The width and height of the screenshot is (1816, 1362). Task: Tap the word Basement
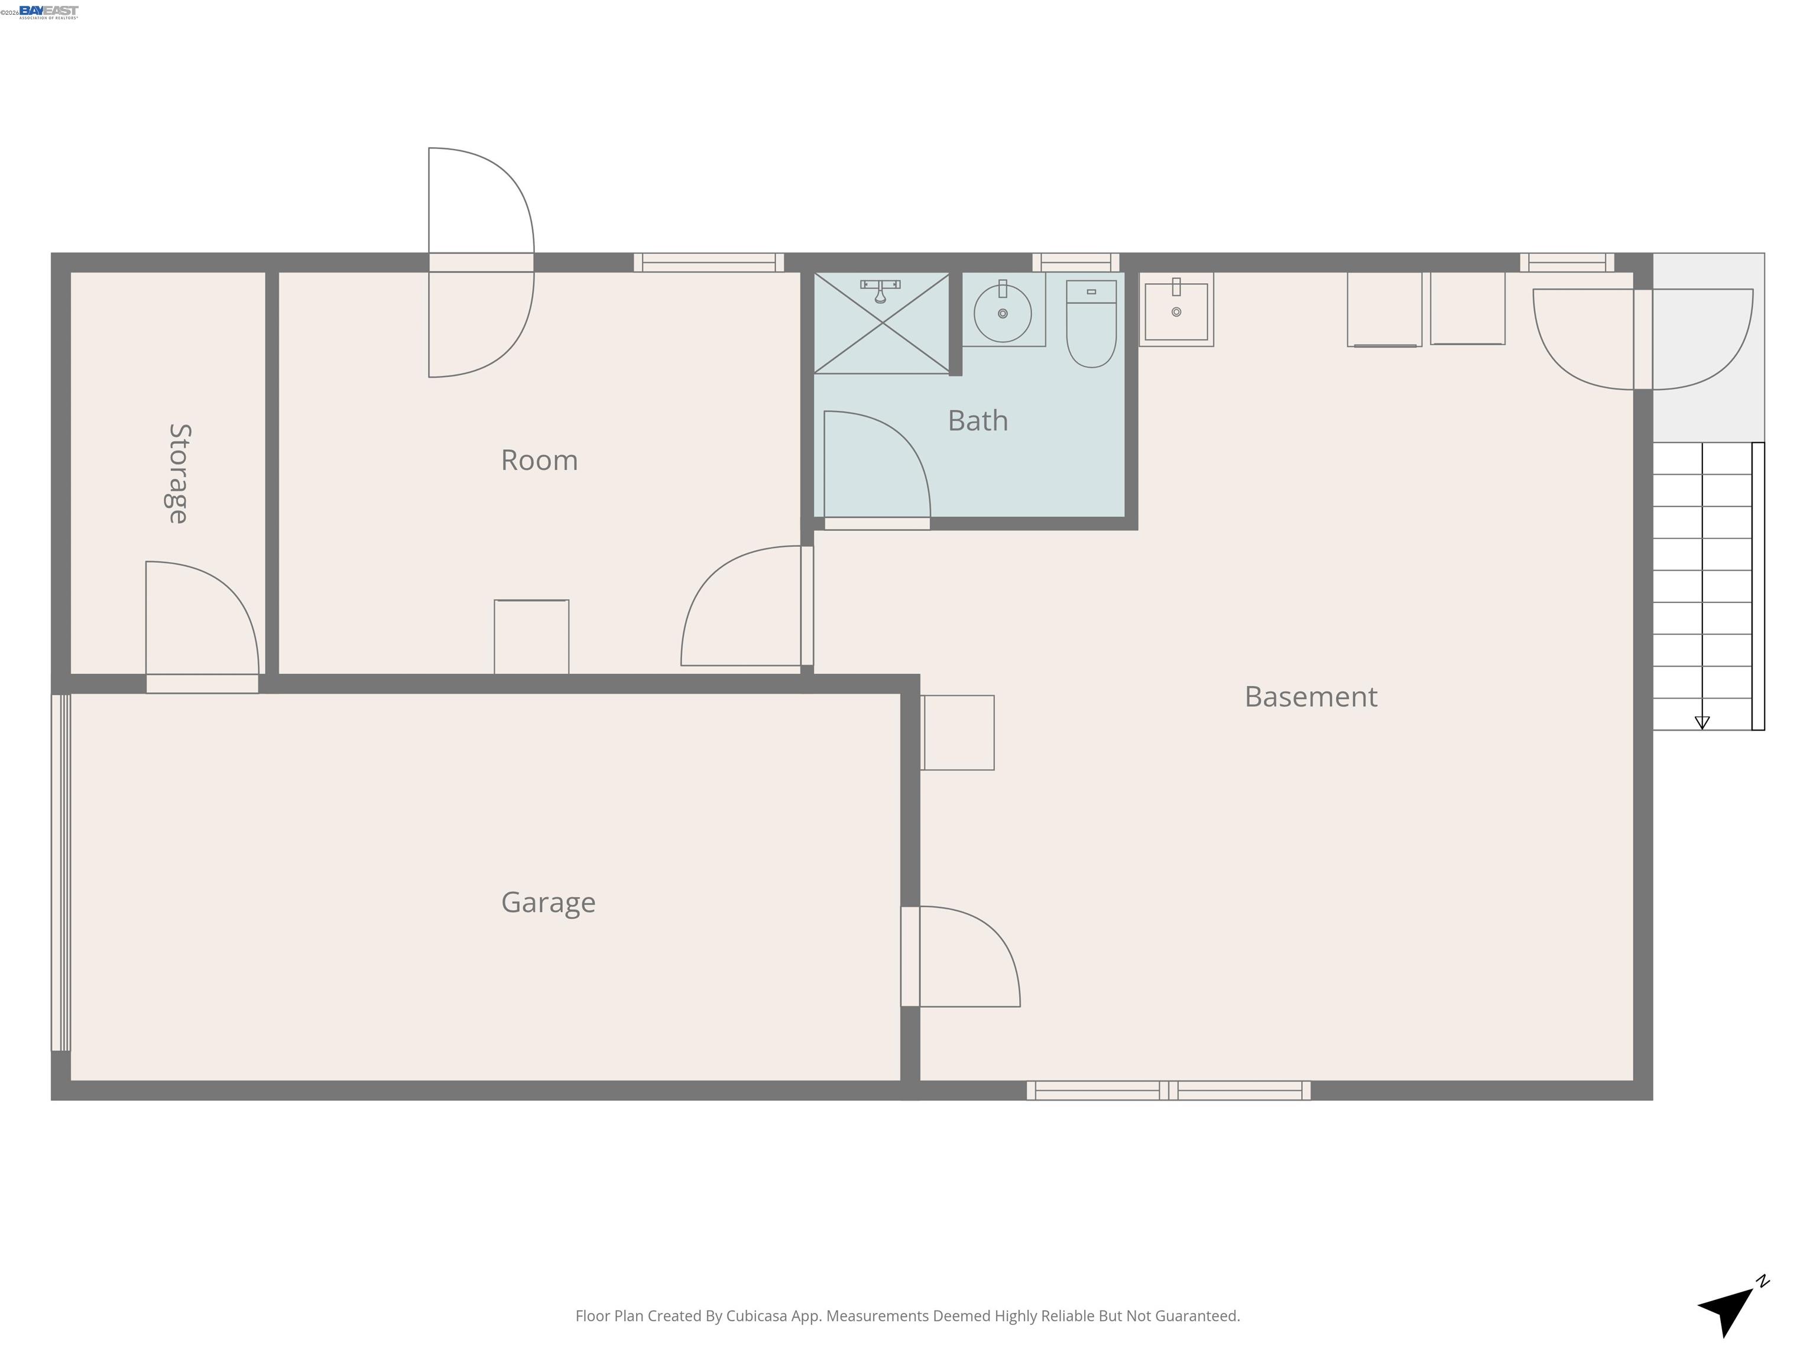[x=1311, y=696]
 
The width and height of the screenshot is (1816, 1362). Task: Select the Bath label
[x=977, y=420]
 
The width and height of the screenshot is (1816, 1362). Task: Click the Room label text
[x=539, y=460]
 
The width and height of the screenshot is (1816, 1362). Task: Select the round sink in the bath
[x=1003, y=313]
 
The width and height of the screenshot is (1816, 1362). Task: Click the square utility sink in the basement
[x=1176, y=310]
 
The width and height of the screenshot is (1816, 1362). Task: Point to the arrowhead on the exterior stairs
[x=1702, y=722]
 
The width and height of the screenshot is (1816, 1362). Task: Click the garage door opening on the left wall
[x=61, y=872]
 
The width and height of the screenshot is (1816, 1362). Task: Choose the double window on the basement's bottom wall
[x=1168, y=1090]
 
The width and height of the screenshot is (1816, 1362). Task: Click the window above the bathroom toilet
[x=1075, y=262]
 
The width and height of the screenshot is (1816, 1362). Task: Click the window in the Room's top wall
[x=709, y=262]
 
